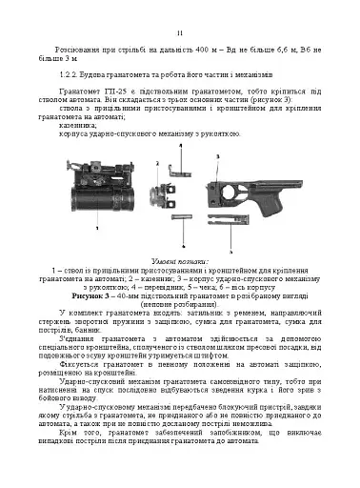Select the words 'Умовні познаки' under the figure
[x=179, y=260]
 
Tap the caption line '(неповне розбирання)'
[x=179, y=294]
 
